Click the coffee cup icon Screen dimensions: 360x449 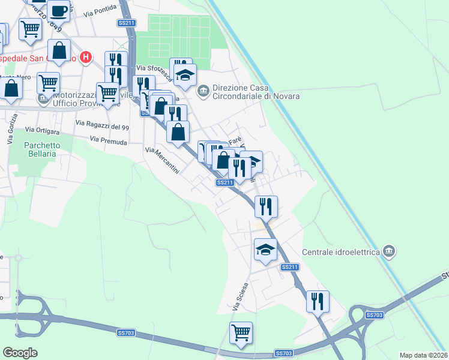tap(59, 10)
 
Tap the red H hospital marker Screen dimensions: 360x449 tap(86, 58)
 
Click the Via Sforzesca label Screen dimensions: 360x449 tap(151, 68)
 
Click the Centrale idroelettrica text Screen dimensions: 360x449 tap(341, 252)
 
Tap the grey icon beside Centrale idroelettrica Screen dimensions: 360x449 tap(389, 250)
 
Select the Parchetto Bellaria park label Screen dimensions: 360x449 tap(42, 149)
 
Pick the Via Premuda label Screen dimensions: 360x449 tap(108, 140)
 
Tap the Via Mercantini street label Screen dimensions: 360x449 tap(161, 161)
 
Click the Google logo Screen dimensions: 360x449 tap(20, 353)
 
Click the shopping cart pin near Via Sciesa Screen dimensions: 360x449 tap(241, 332)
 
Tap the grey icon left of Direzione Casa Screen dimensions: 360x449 tap(203, 91)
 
